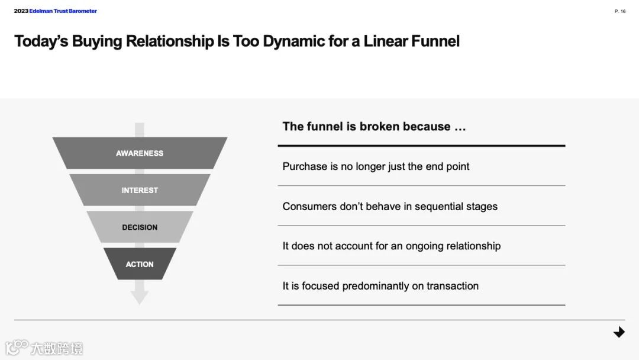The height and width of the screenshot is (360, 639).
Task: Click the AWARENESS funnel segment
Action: click(x=140, y=153)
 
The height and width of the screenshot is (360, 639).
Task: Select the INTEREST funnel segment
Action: click(x=140, y=190)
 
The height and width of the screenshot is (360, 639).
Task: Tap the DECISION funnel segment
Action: click(x=140, y=227)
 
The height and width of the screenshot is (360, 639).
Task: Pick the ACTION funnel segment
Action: click(x=140, y=264)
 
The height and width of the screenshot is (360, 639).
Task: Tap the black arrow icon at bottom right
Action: click(x=619, y=332)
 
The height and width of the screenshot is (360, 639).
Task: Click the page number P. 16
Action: click(x=620, y=11)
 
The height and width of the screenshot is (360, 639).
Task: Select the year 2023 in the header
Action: click(x=21, y=11)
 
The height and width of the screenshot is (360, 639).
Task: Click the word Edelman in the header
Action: click(x=41, y=11)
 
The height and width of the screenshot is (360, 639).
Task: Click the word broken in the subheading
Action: click(x=380, y=127)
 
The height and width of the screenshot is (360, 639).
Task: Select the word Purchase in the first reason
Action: click(x=305, y=166)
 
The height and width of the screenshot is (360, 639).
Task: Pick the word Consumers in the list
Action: click(x=309, y=207)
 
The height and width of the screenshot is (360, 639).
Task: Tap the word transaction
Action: click(x=453, y=286)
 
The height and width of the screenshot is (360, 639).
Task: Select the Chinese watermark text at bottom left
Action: click(x=57, y=348)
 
